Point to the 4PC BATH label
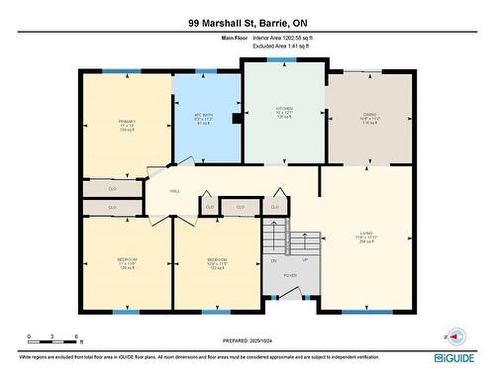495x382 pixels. pos(205,118)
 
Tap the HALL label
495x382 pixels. pos(174,191)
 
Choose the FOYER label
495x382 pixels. pos(290,275)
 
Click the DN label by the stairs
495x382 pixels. pos(273,260)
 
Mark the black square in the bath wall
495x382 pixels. pos(234,120)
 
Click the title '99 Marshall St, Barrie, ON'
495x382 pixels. pos(247,22)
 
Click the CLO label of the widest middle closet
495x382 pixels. pos(239,207)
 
